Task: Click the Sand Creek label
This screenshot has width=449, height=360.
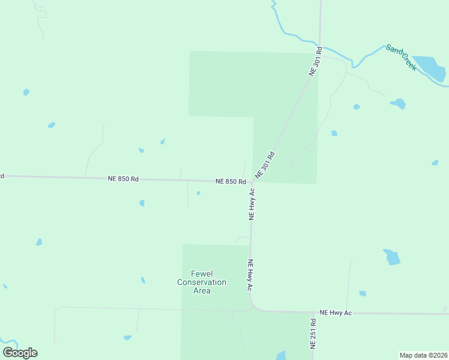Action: (401, 58)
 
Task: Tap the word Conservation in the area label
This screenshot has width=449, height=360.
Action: (202, 282)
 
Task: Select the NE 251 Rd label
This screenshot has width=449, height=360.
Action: (313, 340)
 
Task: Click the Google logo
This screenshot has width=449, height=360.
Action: (20, 353)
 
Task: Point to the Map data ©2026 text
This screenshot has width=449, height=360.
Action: (424, 355)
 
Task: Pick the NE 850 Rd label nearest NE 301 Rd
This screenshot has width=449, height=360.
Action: (231, 181)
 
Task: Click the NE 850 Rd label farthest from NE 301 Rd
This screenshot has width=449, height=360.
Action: (123, 179)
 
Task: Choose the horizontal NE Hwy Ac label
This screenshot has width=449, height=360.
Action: (336, 313)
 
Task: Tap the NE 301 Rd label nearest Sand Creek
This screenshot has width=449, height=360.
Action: (316, 61)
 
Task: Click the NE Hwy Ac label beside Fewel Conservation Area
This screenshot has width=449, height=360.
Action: (250, 275)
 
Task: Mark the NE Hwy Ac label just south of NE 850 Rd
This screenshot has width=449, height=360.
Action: (252, 204)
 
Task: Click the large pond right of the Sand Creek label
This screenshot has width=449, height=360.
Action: (429, 67)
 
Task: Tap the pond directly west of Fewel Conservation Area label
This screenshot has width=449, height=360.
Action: (143, 280)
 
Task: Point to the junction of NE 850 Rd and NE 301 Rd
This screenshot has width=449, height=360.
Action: (252, 182)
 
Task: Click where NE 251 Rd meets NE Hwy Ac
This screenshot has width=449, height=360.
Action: (314, 313)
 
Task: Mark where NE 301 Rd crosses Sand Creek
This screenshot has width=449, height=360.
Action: (319, 43)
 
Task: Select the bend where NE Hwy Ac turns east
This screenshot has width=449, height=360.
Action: (255, 307)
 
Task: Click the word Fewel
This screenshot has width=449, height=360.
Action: (202, 274)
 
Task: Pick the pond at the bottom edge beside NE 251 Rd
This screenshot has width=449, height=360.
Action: (281, 356)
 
